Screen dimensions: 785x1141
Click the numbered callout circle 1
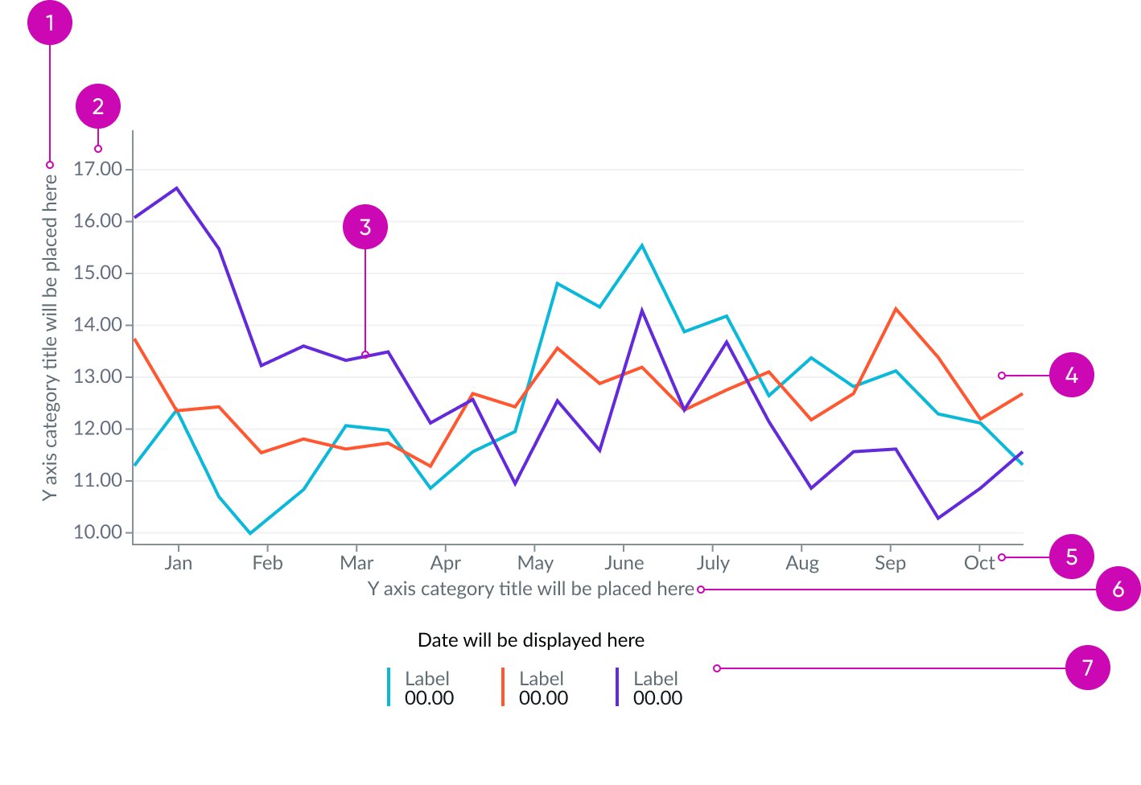pos(50,23)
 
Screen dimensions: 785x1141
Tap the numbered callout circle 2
pos(98,106)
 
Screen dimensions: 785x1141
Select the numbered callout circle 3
pos(365,228)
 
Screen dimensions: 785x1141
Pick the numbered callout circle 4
pos(1072,376)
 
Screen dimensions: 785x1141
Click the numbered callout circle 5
pos(1072,557)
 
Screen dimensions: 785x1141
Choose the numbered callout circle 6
pos(1118,589)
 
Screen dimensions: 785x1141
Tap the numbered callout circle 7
pos(1088,668)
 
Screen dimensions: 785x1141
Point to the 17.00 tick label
pos(98,169)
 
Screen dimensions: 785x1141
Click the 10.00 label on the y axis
pos(98,532)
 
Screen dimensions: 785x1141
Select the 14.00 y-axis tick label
pos(98,325)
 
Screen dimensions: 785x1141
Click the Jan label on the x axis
pos(178,563)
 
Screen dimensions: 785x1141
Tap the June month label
pos(624,563)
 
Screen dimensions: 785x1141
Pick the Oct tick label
pos(979,563)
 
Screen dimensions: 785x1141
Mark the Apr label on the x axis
pos(446,563)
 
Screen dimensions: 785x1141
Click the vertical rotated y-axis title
pos(50,338)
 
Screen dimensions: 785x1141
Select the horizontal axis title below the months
pos(531,589)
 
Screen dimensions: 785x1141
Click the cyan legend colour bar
pos(389,687)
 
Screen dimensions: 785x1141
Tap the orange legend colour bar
pos(503,687)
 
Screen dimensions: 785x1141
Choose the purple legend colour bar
pos(617,687)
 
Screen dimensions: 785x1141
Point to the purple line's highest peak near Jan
pos(176,188)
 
